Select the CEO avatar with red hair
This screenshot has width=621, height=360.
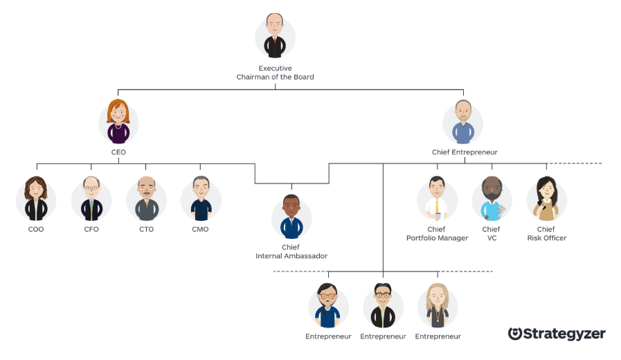click(118, 123)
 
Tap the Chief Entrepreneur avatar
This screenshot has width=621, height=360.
click(463, 123)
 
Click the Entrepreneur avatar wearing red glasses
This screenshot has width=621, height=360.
click(328, 305)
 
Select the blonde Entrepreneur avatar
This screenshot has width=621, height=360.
click(438, 305)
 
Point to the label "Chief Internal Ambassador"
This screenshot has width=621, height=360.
click(291, 251)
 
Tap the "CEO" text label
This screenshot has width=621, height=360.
click(118, 152)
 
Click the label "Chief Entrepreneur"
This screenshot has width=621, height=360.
click(464, 152)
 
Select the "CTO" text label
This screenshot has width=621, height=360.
click(146, 229)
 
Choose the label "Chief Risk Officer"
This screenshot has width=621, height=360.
click(546, 234)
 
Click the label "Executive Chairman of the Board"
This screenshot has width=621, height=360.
click(275, 73)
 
